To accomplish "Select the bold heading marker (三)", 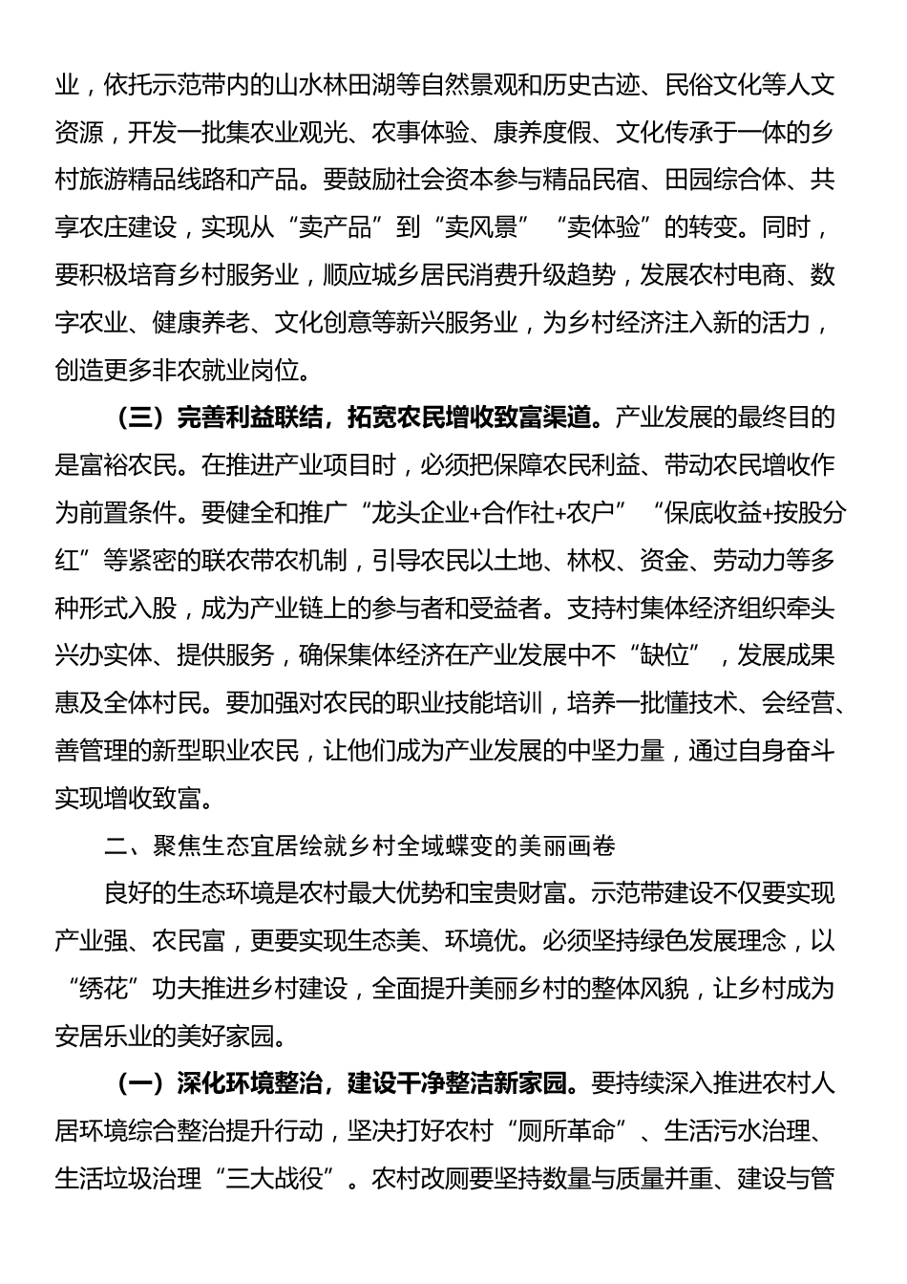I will tap(136, 417).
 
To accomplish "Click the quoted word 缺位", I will tap(665, 654).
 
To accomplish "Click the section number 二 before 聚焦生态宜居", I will tap(115, 845).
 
